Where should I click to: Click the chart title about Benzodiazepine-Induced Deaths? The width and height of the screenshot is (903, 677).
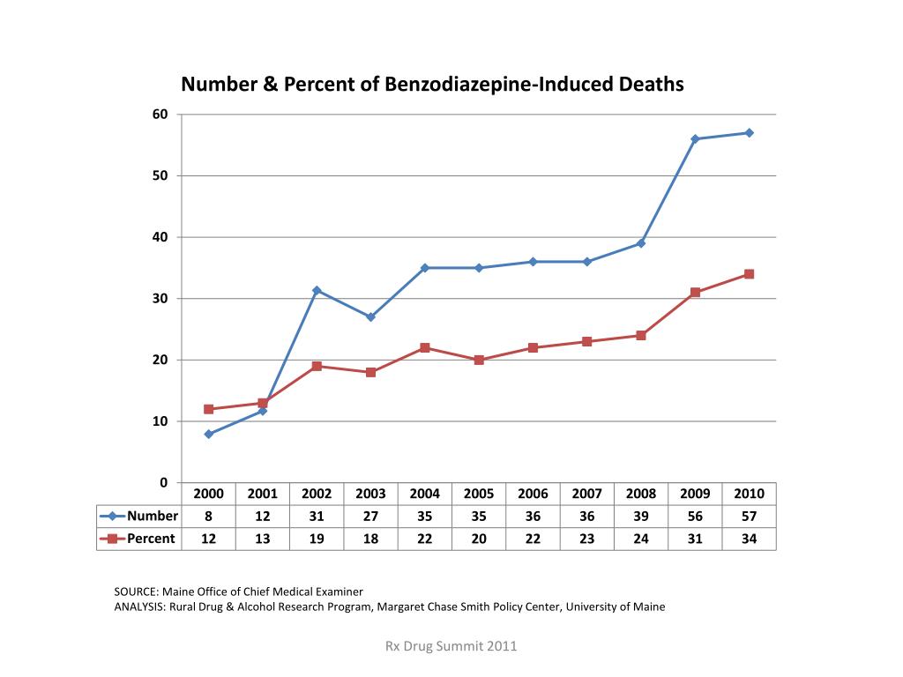point(432,86)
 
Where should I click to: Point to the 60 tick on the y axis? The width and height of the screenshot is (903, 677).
point(160,115)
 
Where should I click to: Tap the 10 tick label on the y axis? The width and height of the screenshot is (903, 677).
point(160,421)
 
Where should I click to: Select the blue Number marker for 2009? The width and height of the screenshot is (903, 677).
point(695,139)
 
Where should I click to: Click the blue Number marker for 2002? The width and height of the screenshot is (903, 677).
point(317,290)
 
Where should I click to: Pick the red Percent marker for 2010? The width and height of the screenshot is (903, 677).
point(749,274)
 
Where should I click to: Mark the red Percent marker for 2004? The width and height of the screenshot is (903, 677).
point(425,348)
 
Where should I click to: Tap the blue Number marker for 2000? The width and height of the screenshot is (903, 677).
point(209,434)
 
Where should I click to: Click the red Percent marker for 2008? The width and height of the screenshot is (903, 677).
point(641,336)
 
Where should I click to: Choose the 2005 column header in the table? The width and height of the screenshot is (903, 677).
point(479,494)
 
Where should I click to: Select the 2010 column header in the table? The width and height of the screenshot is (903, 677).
point(749,494)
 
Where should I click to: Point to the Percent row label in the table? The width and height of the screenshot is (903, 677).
point(151,539)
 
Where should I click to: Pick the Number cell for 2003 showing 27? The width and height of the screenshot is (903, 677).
point(370,517)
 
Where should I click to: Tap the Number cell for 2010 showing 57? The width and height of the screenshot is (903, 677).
point(749,517)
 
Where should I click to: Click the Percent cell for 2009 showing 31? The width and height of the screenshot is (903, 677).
point(695,539)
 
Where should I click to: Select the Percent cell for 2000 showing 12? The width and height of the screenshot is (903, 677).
point(209,539)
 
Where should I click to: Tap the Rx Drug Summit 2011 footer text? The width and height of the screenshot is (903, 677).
point(451,646)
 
